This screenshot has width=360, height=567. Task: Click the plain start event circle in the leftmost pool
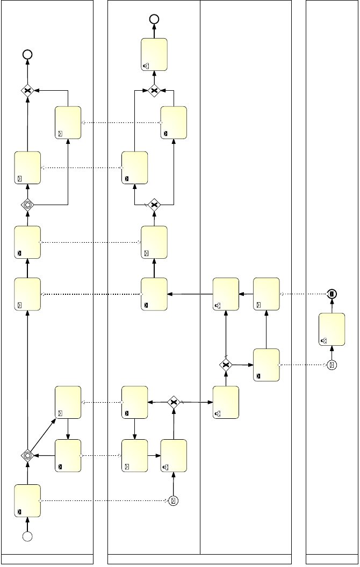point(27,535)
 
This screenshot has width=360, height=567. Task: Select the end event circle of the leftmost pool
point(27,54)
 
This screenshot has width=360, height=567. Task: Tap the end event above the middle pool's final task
point(154,19)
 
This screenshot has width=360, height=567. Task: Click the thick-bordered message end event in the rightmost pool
point(332,294)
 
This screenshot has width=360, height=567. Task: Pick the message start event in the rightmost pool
point(332,365)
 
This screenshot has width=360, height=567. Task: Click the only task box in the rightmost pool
point(332,329)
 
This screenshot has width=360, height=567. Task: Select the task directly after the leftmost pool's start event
point(27,500)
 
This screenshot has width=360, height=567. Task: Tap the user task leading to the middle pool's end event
point(154,54)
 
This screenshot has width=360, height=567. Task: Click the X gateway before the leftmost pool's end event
point(27,90)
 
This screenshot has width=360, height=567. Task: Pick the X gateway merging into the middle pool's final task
point(154,90)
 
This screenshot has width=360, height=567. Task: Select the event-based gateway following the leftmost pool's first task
point(27,455)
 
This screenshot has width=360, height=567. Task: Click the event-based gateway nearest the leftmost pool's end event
point(27,205)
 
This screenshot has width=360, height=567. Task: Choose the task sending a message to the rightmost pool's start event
point(266,365)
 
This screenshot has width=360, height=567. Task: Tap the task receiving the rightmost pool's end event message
point(266,294)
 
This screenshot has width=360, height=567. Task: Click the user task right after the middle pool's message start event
point(174,455)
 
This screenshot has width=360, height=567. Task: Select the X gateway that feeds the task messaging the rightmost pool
point(226,365)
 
